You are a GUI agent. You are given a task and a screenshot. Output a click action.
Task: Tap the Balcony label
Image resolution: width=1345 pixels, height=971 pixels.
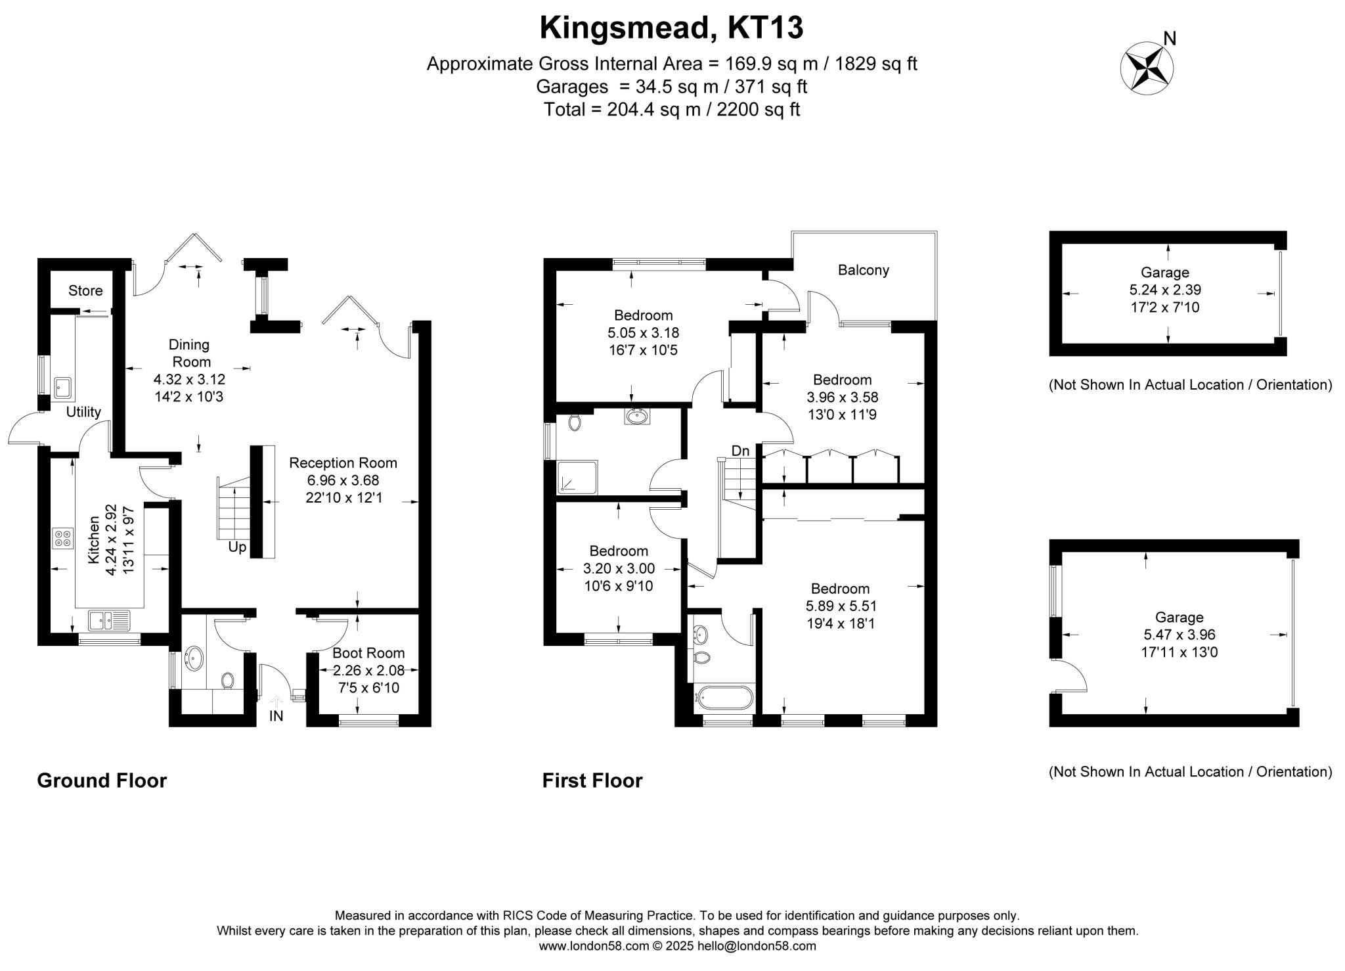coord(863,270)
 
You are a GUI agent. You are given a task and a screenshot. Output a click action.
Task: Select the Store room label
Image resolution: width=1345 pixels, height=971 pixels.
coord(85,290)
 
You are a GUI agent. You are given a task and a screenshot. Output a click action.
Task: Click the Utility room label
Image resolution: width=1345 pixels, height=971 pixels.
coord(83,412)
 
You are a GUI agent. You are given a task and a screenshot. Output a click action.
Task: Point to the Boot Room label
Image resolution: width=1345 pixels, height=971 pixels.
coord(368,653)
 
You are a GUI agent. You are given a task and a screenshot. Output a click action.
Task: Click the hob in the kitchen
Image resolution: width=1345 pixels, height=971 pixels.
coord(64,539)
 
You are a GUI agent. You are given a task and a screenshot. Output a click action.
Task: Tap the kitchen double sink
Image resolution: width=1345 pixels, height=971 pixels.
coord(110,619)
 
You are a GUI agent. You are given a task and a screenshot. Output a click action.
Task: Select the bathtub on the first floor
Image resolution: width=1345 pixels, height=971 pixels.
coord(725,698)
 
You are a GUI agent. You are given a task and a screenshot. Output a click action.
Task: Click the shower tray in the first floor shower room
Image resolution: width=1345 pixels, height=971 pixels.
coord(578,477)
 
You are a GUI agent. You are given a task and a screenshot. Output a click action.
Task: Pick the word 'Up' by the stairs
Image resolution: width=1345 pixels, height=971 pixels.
coord(237,547)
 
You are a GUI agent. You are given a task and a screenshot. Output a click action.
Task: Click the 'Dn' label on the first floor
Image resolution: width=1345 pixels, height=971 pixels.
coord(740,451)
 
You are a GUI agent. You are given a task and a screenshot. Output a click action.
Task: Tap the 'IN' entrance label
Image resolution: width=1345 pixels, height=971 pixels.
coord(276,716)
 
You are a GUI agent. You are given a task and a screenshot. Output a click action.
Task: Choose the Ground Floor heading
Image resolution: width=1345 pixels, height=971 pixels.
coord(102,780)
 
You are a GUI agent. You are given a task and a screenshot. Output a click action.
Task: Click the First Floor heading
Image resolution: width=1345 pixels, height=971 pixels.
coord(592,780)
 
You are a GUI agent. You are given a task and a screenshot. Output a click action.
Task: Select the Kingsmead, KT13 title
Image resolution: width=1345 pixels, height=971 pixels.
coord(671,28)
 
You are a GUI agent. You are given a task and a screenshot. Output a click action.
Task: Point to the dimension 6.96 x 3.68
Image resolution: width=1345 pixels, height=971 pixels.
coord(343,480)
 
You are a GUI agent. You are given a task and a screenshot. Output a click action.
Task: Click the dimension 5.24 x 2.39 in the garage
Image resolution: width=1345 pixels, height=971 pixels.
coord(1164,290)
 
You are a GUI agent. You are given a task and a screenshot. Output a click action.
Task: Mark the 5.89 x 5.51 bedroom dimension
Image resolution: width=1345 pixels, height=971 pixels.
coord(840,606)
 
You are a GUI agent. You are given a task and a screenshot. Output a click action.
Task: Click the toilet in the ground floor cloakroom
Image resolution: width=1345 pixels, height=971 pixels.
coord(228,680)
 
